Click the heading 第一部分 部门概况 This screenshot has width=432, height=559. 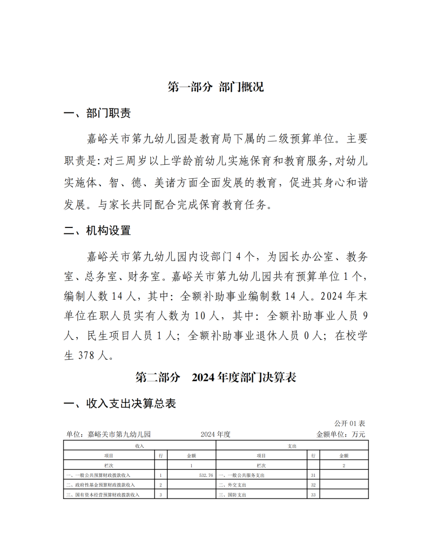tap(215, 87)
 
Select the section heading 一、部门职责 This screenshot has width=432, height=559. tap(97, 113)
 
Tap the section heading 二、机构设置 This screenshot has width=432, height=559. tap(97, 231)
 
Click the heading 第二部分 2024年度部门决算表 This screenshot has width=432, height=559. tap(215, 378)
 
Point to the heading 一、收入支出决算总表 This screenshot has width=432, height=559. tap(119, 404)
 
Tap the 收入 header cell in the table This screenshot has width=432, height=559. tap(139, 446)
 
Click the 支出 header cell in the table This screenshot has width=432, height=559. tap(292, 446)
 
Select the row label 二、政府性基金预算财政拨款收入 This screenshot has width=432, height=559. tap(100, 485)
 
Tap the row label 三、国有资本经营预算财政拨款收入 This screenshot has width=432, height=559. tap(102, 495)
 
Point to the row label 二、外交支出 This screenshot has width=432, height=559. tap(233, 485)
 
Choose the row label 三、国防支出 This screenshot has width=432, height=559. tap(233, 495)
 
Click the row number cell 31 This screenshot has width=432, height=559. tap(314, 475)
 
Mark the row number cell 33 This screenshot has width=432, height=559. tap(314, 495)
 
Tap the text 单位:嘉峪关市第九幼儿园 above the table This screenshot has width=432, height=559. tap(108, 434)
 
